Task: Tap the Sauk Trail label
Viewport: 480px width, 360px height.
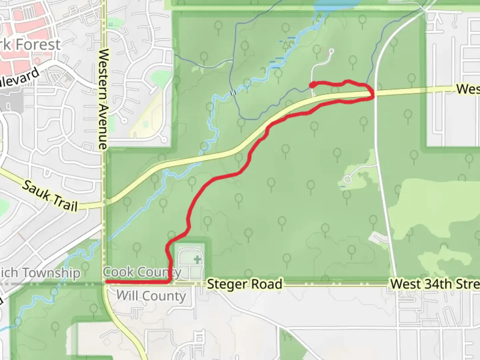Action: pos(50,196)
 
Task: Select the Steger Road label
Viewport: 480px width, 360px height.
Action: pos(244,284)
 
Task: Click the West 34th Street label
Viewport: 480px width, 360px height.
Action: pos(435,284)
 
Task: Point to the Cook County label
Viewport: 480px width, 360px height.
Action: pos(142,272)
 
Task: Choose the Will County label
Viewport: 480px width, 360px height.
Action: pos(151,296)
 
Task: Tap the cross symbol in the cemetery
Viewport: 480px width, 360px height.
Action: pos(198,259)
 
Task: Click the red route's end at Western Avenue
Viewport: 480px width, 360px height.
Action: pos(107,282)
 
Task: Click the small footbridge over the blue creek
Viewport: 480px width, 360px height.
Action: pos(233,93)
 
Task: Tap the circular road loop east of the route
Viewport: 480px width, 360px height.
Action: pos(348,180)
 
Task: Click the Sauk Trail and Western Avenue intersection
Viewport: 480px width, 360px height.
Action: pos(104,204)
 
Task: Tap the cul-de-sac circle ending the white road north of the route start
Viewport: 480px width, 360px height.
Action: pos(331,51)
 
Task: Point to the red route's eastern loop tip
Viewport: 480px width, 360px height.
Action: pos(373,94)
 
